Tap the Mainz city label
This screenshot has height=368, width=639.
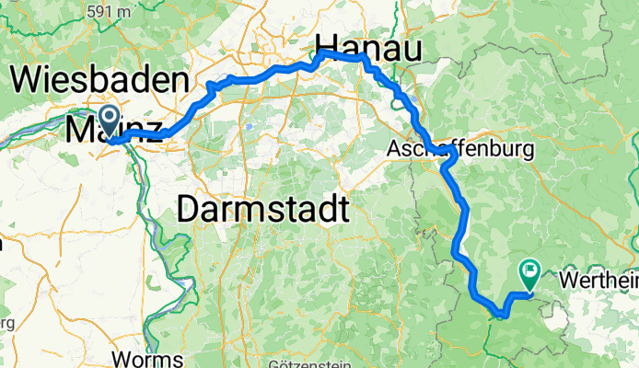114,132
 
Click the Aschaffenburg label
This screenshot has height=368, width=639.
461,148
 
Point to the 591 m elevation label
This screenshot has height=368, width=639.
108,12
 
